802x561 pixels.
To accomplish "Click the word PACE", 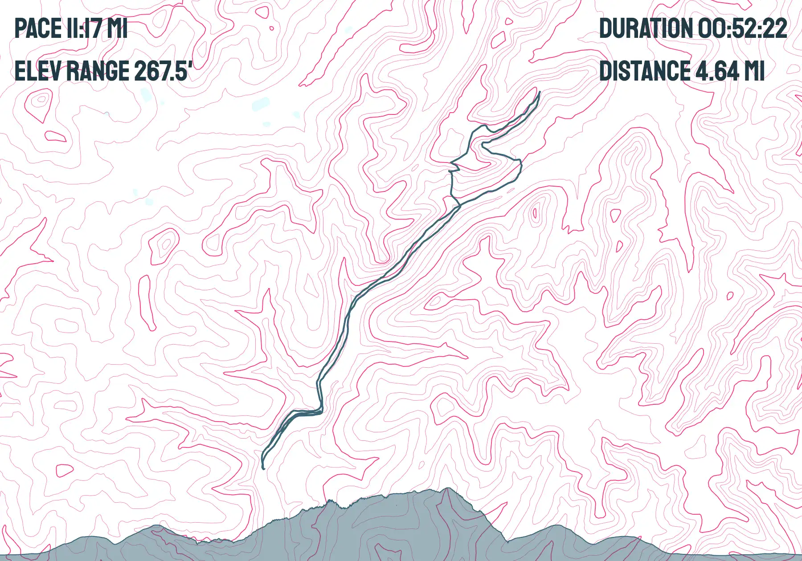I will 38,28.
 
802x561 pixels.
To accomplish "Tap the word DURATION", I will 646,28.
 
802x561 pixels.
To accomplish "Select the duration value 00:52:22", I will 742,28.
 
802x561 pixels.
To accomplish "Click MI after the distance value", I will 754,71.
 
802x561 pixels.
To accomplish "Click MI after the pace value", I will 118,28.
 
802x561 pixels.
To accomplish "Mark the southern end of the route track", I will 263,468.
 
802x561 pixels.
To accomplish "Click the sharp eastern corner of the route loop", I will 521,160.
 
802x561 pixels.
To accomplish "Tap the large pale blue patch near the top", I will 261,104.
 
